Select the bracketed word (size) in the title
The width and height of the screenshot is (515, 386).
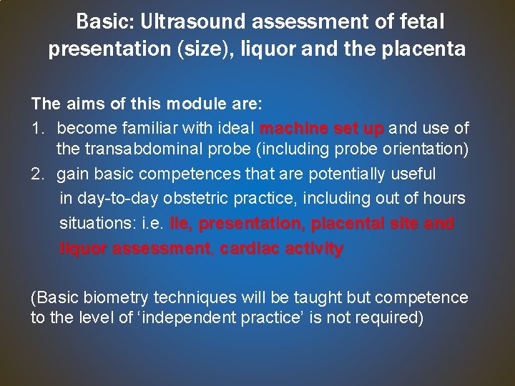point(190,49)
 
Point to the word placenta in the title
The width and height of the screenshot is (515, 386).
point(424,49)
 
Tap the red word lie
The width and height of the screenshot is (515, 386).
point(180,223)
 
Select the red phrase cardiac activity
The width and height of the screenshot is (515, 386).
point(282,249)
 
